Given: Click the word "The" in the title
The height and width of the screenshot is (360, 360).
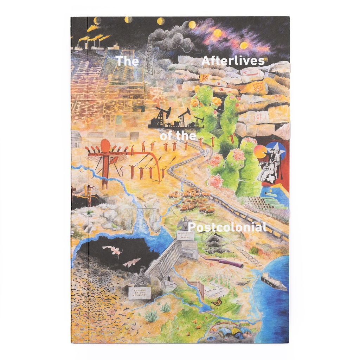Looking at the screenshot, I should pos(127,62).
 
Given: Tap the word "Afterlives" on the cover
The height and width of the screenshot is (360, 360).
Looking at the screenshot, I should pos(233,61).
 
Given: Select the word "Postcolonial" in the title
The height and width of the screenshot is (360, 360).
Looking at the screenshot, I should pos(227,227).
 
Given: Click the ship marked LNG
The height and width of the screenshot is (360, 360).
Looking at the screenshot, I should pos(274,282).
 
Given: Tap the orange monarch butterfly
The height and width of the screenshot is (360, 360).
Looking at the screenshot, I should pos(217,302).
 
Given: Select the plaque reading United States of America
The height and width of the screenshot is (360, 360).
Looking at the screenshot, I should pos(185,235).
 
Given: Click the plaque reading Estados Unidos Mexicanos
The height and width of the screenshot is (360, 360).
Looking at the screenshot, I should pos(139,293).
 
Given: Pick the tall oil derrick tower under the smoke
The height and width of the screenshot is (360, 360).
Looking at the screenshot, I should pos(149,60).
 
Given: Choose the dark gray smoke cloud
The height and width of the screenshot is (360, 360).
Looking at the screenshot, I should pos(169,39).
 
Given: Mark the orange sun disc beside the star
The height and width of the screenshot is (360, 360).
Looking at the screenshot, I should pos(260,152).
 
